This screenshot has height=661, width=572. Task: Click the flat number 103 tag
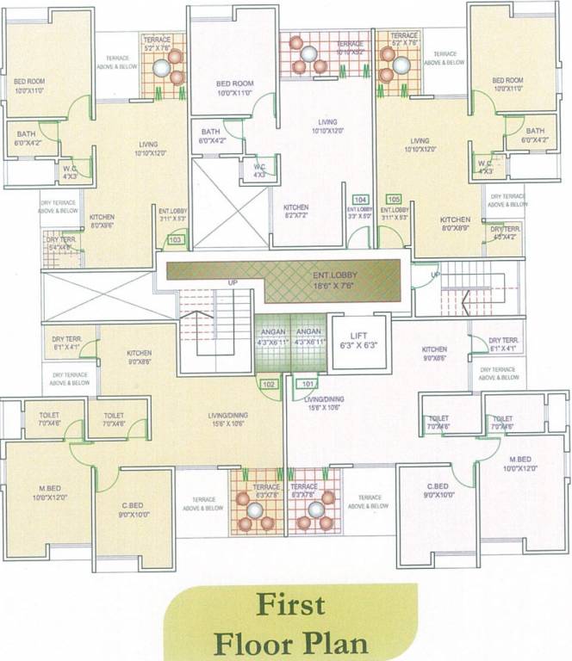click(175, 240)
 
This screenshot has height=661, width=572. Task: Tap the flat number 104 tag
click(360, 199)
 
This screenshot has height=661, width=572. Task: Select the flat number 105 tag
click(395, 199)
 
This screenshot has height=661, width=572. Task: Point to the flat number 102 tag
click(269, 384)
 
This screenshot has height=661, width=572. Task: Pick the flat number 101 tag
click(308, 384)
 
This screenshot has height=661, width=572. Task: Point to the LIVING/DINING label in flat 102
click(227, 419)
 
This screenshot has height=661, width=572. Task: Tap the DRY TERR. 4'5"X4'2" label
click(506, 233)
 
